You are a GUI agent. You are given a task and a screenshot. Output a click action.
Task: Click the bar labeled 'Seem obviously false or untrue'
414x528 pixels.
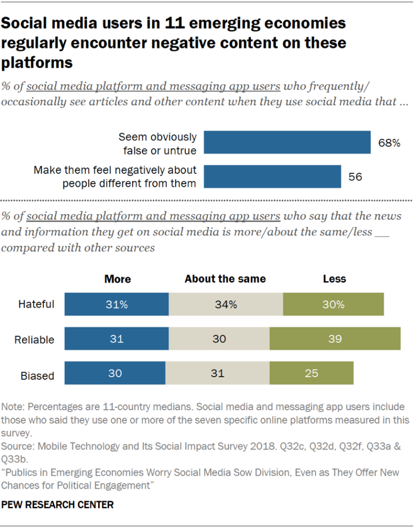tap(287, 142)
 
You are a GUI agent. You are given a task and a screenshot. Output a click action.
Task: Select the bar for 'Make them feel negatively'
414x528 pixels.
tap(272, 177)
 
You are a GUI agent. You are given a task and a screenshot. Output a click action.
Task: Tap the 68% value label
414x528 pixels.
tap(389, 143)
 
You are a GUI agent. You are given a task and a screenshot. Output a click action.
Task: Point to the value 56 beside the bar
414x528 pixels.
tap(355, 177)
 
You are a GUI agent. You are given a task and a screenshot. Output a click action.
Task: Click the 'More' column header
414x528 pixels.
tap(118, 279)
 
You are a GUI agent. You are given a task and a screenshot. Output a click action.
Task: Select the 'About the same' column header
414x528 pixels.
tap(225, 279)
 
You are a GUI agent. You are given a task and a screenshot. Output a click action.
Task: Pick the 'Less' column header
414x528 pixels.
tap(334, 279)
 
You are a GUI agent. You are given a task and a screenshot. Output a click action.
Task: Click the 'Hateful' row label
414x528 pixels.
tap(36, 304)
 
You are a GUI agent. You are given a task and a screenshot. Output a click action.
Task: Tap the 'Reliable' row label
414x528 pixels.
tap(35, 340)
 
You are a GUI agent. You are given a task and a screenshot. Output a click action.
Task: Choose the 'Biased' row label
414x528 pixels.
tap(38, 375)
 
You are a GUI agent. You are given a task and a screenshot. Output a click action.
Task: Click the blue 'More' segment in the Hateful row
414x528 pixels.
tap(117, 304)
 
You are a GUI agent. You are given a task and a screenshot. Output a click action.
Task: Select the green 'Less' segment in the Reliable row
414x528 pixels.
tap(335, 340)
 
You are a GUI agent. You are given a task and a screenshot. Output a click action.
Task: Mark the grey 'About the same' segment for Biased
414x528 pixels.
tap(217, 373)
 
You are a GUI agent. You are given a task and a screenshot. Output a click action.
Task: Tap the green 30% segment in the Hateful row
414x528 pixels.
tap(333, 304)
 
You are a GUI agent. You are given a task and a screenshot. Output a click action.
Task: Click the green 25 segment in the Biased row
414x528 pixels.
tap(311, 373)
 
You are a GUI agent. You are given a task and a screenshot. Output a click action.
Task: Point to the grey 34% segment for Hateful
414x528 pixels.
tap(226, 304)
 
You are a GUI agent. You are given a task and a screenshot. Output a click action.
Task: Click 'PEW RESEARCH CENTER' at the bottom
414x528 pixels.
tap(57, 504)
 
